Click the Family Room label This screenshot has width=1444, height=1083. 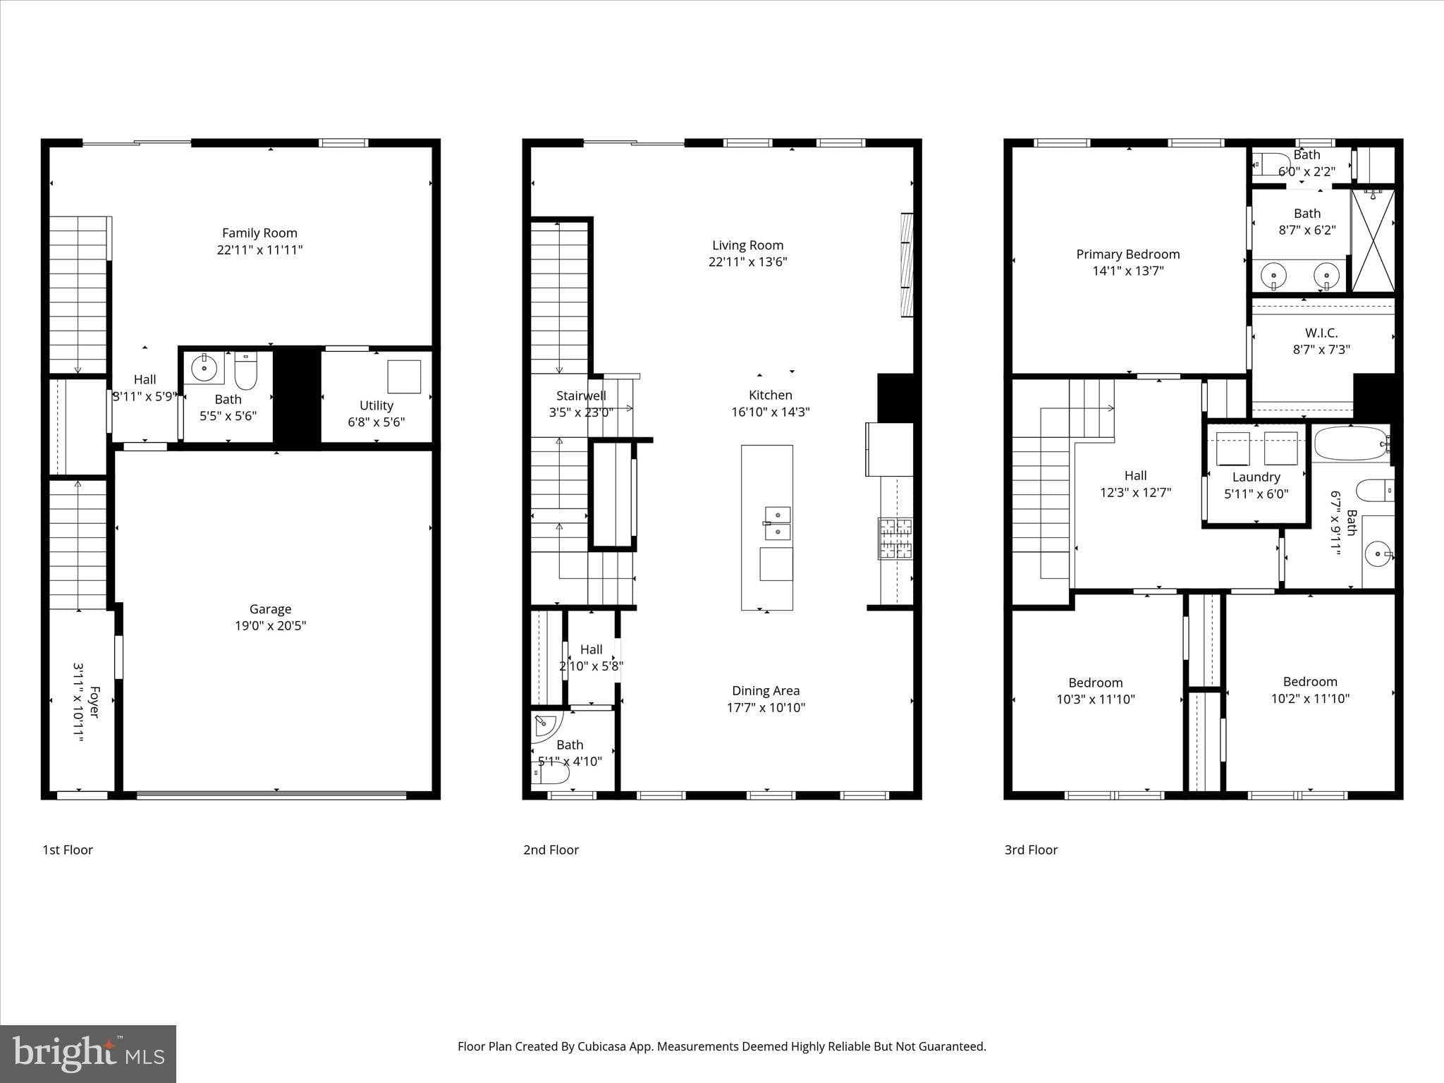(x=259, y=233)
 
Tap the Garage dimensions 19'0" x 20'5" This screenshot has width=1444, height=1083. (x=270, y=625)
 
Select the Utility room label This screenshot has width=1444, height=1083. (x=376, y=405)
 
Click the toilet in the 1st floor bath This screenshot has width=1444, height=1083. (x=246, y=371)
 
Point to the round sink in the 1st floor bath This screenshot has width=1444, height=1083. (x=204, y=367)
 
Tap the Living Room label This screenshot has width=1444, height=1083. (x=747, y=245)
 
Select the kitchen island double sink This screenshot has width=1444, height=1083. (x=777, y=522)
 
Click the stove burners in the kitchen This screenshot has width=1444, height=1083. (x=895, y=539)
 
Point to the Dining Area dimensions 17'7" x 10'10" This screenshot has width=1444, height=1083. (x=766, y=707)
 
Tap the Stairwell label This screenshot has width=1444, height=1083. (x=581, y=396)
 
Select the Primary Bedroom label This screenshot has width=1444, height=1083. (x=1127, y=255)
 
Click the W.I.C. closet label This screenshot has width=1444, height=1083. (x=1321, y=333)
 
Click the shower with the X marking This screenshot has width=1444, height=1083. (x=1373, y=240)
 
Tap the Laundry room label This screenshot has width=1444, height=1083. (x=1256, y=477)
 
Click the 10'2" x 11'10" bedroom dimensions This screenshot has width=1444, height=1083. (x=1310, y=699)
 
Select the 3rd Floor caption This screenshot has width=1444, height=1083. (x=1031, y=850)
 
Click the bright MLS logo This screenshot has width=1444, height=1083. (x=88, y=1053)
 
